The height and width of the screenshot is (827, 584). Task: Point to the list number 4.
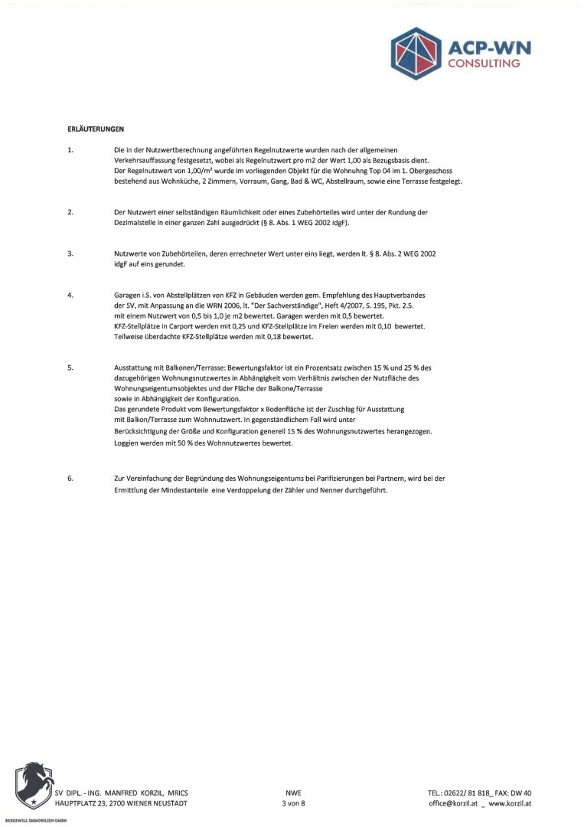point(70,295)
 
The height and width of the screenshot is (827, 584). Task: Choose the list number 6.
point(70,479)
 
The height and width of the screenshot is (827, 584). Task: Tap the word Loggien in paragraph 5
point(127,443)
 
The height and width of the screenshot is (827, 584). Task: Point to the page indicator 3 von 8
point(293,803)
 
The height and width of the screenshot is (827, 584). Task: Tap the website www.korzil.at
point(510,803)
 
